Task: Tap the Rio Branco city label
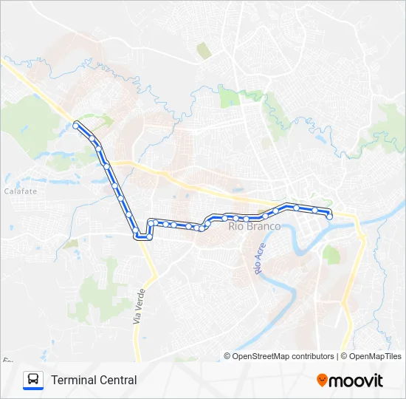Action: tap(255, 226)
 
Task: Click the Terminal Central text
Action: tap(94, 381)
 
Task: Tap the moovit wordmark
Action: tap(356, 381)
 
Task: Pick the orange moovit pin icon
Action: tap(322, 381)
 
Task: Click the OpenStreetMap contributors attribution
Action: tap(279, 356)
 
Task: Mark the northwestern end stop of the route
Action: tap(76, 126)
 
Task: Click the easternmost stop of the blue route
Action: tap(329, 216)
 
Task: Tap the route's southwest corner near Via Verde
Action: tap(138, 236)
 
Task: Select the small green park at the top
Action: tap(204, 50)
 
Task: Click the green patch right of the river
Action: tap(331, 256)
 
